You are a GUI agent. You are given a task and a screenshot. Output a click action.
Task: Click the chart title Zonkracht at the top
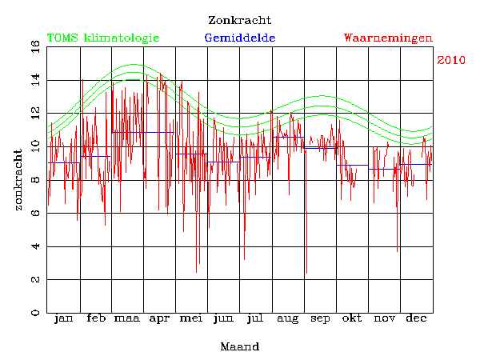tap(239, 20)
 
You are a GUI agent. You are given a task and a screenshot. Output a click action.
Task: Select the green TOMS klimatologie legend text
tap(103, 38)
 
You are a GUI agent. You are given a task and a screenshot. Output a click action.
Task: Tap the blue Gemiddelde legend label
tap(240, 38)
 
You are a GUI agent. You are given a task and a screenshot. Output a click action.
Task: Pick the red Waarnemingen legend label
tap(388, 38)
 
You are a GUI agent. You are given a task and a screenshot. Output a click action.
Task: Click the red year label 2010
tap(451, 60)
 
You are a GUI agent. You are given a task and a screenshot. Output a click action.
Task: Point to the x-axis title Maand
tap(239, 346)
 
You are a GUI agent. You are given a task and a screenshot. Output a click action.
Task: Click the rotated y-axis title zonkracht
tap(18, 179)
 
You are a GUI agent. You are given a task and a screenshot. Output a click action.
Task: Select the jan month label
tap(63, 319)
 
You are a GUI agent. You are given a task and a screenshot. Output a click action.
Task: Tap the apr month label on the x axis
tap(159, 320)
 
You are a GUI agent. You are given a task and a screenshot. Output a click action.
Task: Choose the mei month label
tap(191, 319)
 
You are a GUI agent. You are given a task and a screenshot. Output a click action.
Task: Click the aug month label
tap(287, 320)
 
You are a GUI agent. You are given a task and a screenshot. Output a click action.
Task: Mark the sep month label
tap(320, 320)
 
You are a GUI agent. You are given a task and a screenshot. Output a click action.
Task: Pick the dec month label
tap(416, 319)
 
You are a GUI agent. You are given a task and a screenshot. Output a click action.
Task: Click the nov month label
tap(384, 319)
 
